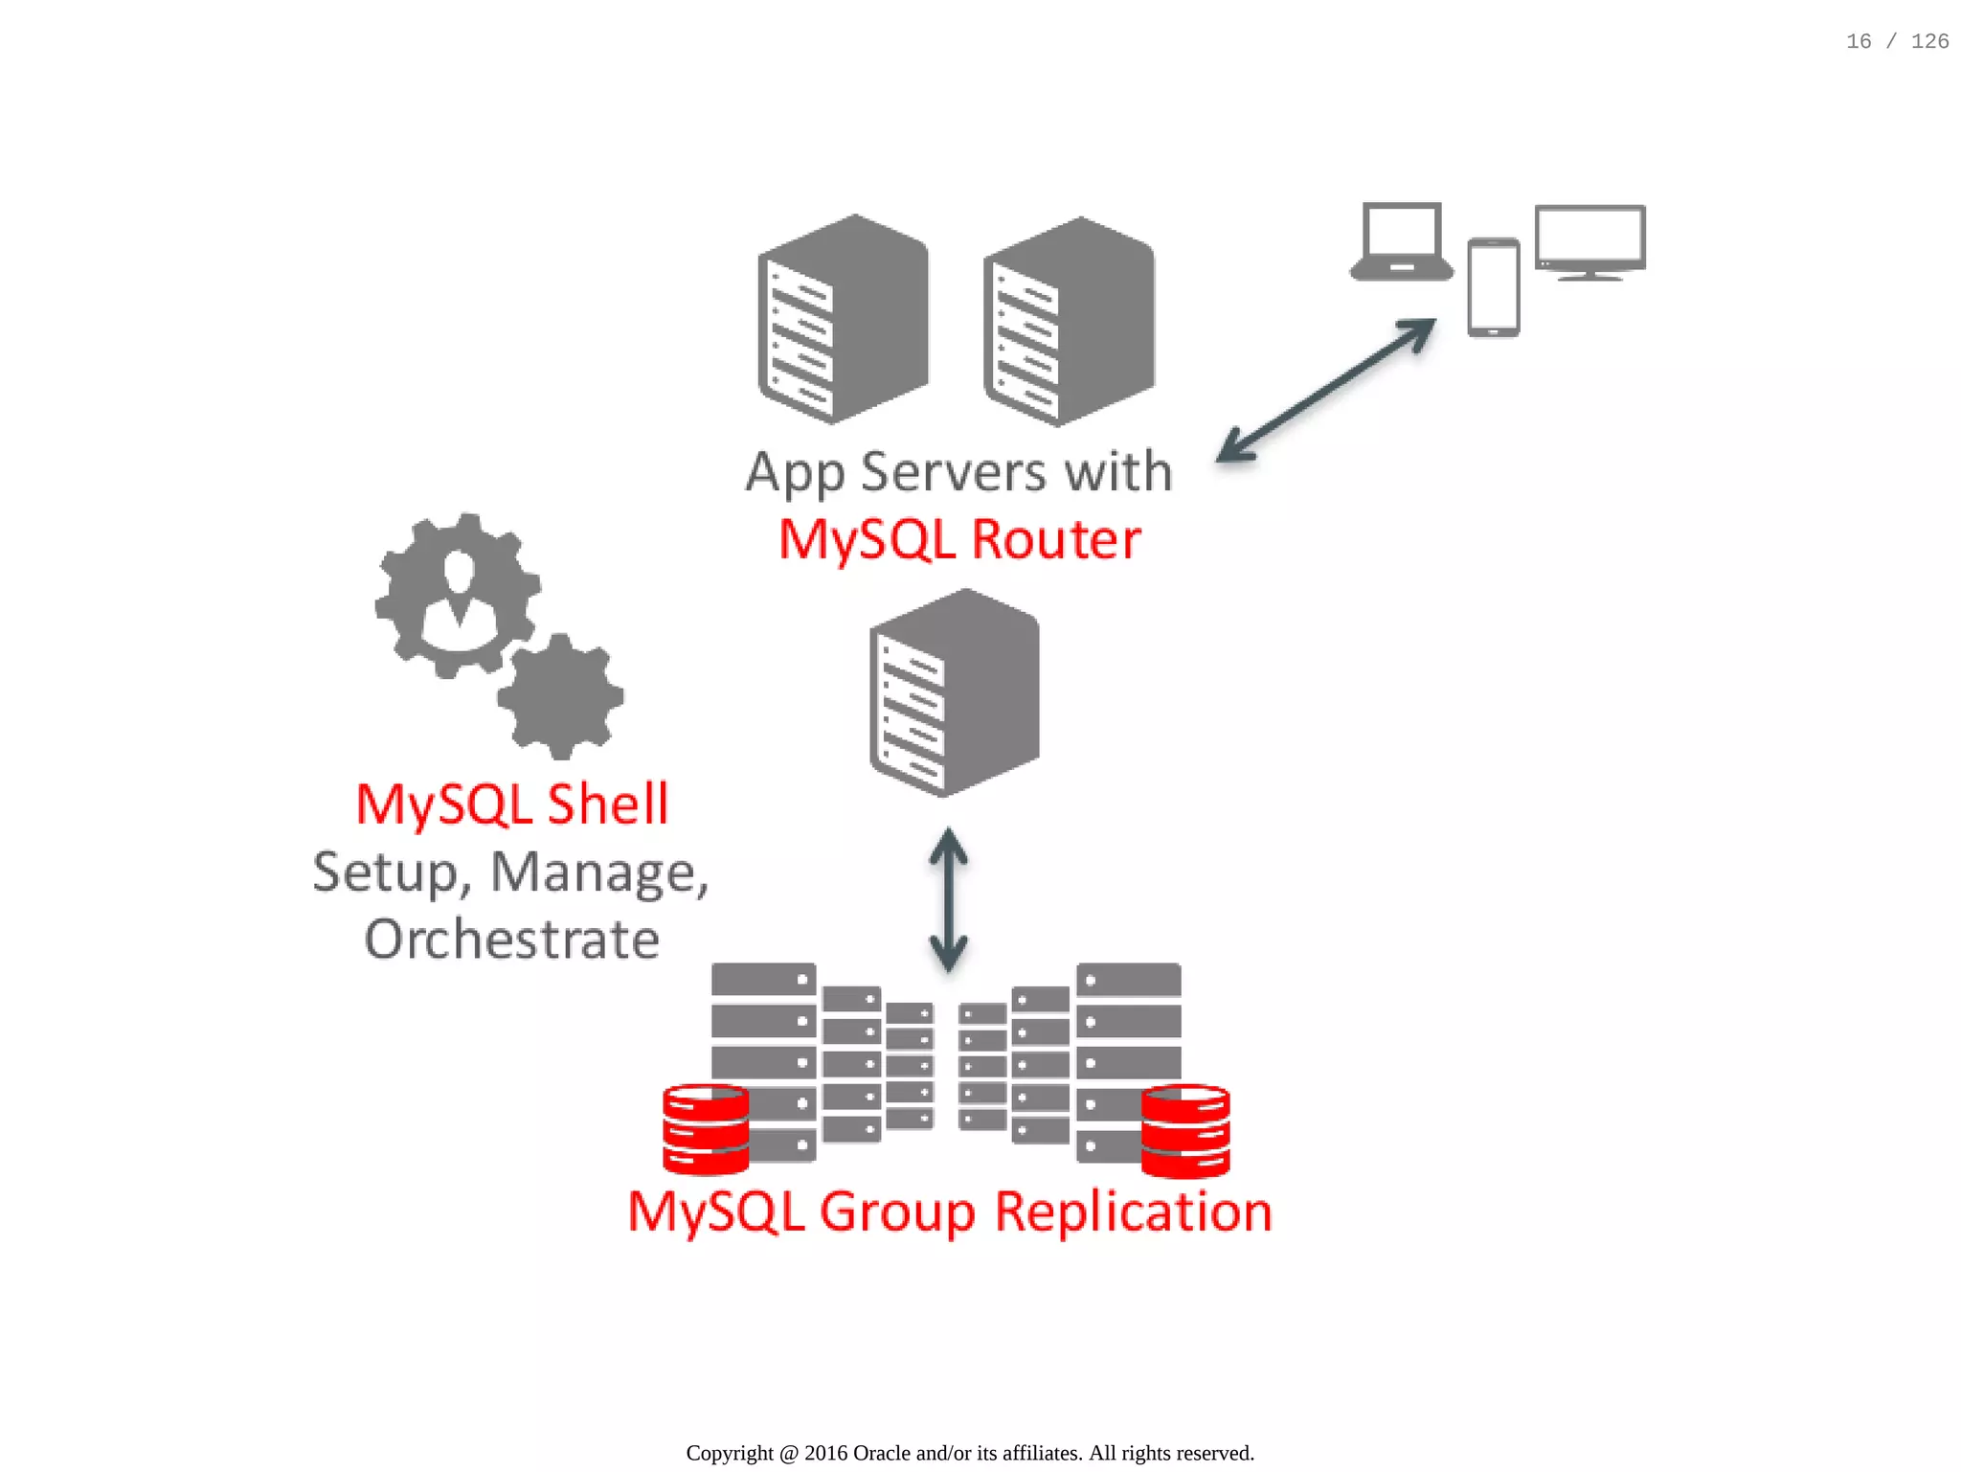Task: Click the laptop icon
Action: [1401, 240]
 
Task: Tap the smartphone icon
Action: [1493, 287]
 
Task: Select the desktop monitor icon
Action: [1589, 240]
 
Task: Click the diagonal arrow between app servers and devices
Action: [1326, 390]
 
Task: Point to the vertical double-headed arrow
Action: [948, 899]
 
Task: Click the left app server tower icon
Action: [843, 320]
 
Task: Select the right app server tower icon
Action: [1069, 322]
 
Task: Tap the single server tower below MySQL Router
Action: [955, 693]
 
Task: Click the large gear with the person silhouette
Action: [458, 596]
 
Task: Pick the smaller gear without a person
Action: [560, 696]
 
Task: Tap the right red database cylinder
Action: [1185, 1130]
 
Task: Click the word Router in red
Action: [1056, 539]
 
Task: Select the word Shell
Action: [607, 804]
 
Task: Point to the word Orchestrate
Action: [512, 940]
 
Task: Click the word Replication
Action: [1134, 1212]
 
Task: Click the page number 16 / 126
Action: [1897, 41]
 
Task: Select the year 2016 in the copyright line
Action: [825, 1453]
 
